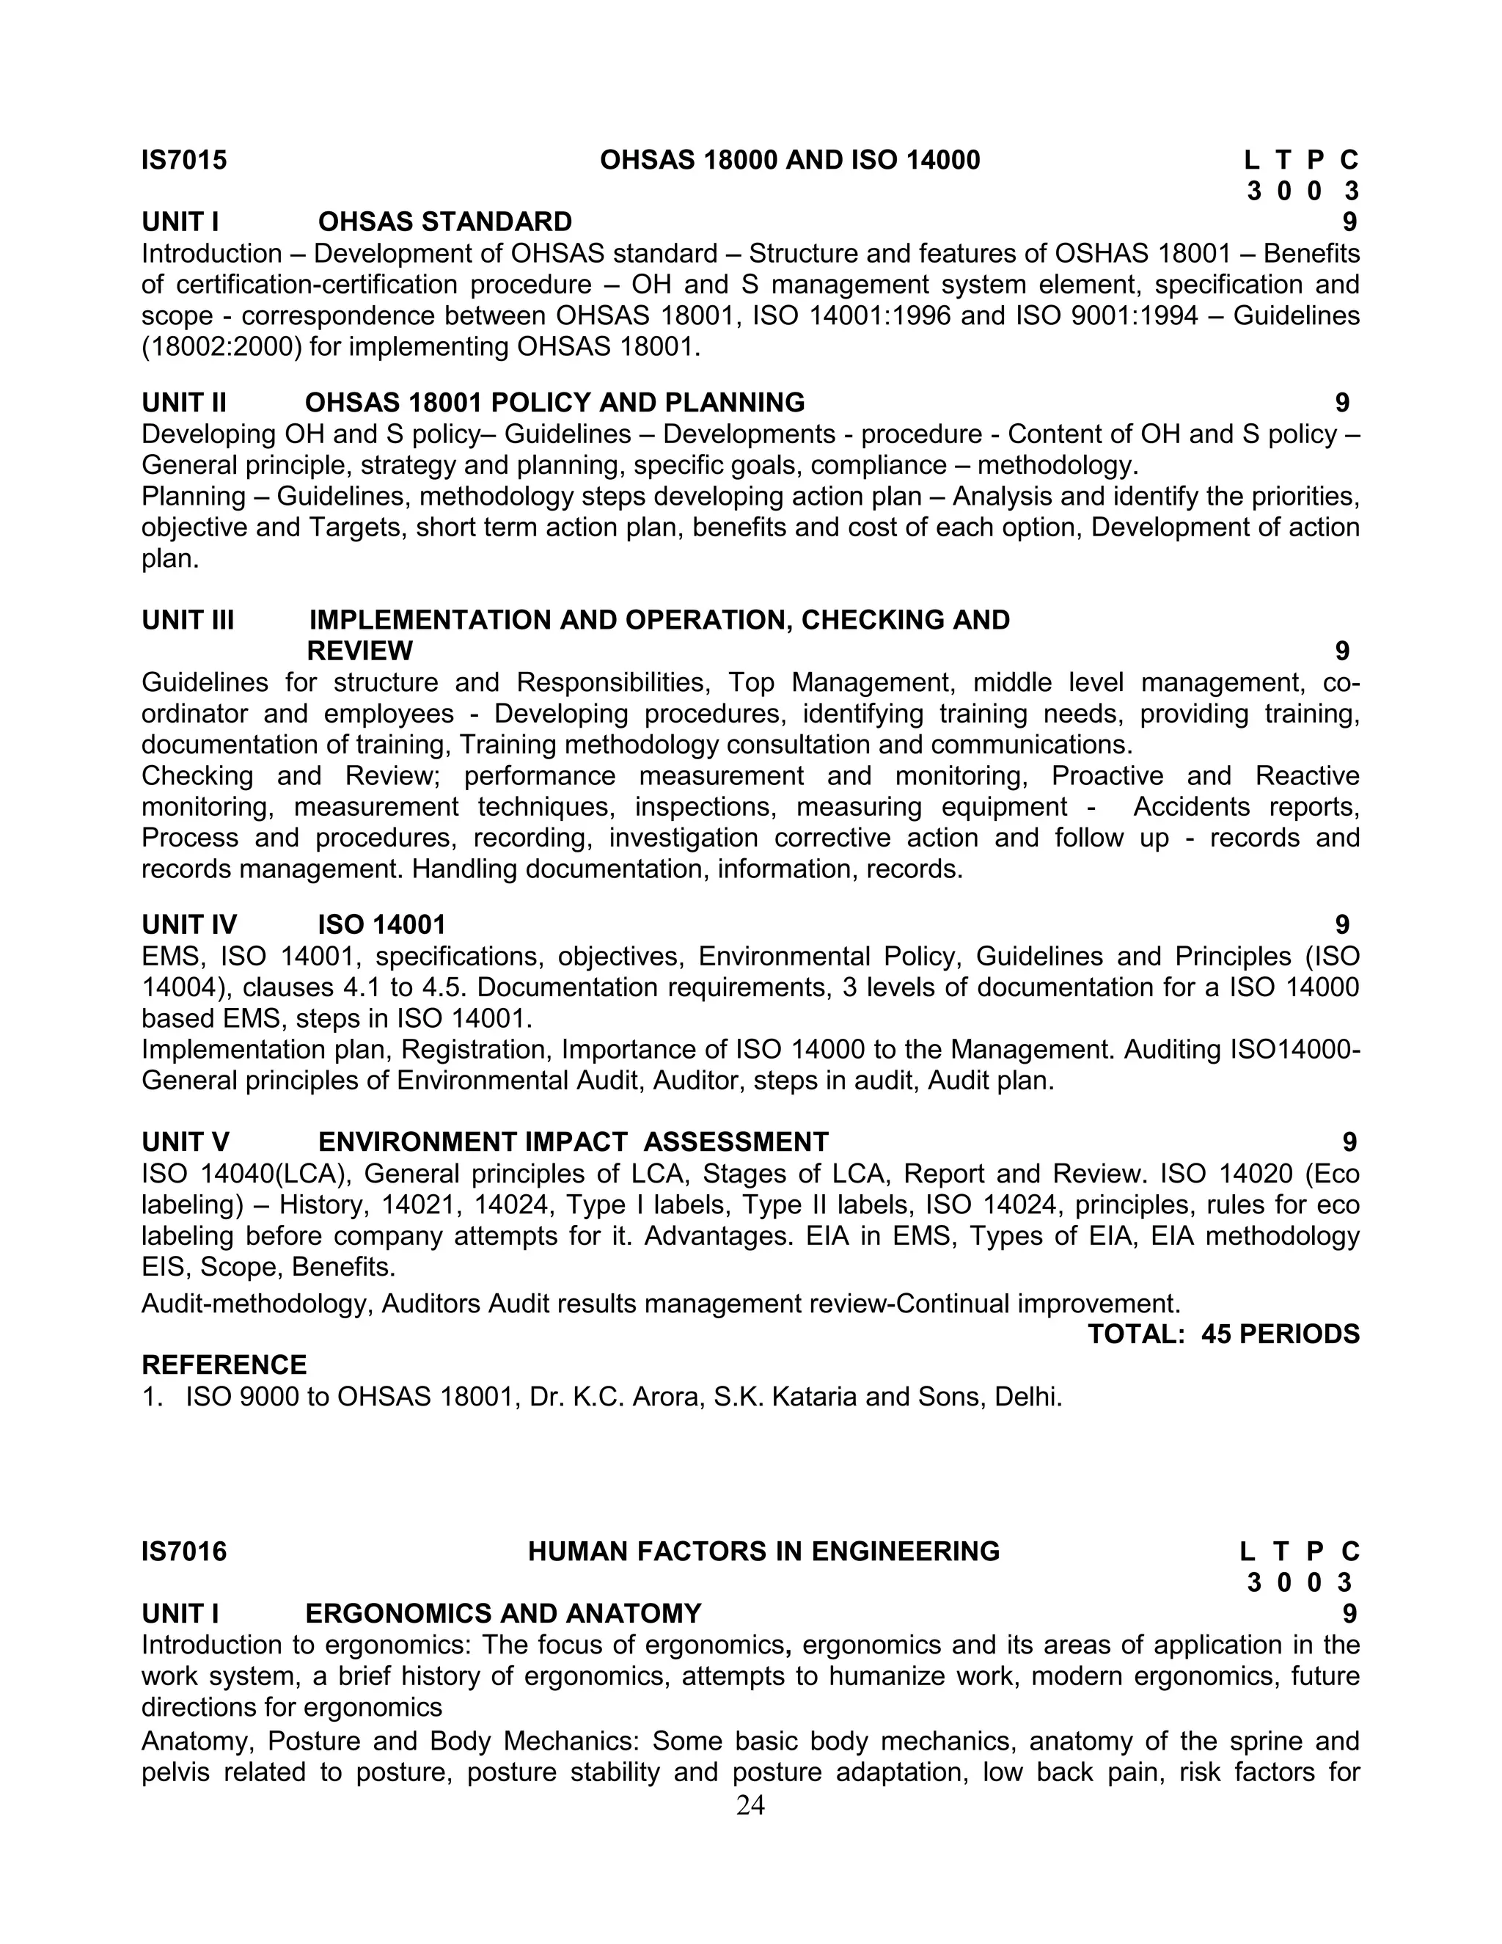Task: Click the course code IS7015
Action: [184, 160]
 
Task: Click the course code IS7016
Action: [184, 1552]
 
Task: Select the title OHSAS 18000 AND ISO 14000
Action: [789, 160]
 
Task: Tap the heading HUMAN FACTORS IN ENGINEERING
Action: [763, 1552]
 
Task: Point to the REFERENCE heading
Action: [224, 1365]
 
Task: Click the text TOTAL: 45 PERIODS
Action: [1223, 1334]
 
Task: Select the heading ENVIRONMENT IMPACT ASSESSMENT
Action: [573, 1142]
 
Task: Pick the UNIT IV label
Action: [189, 925]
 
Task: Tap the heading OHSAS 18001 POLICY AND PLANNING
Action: [554, 403]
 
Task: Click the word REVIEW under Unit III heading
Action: [359, 651]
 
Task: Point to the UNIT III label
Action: [188, 621]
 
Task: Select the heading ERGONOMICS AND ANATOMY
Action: [502, 1614]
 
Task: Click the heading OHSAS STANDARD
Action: [445, 222]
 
